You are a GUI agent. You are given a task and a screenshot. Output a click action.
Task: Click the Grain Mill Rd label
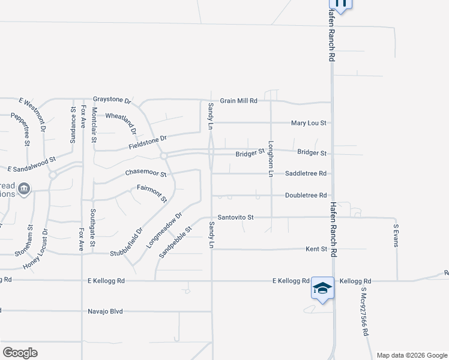[238, 101]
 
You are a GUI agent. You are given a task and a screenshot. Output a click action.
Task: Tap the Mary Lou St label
[308, 123]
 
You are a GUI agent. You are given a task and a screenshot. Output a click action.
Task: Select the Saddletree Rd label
[306, 173]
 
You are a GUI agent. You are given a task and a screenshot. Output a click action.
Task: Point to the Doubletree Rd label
[306, 196]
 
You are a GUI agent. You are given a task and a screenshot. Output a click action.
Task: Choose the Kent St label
[315, 248]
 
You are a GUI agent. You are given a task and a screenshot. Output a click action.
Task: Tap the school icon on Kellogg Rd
[322, 289]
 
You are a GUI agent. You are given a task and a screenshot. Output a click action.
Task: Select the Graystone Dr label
[112, 99]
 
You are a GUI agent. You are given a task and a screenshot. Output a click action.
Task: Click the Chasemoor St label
[145, 173]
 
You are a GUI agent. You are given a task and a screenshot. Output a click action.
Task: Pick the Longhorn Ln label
[271, 158]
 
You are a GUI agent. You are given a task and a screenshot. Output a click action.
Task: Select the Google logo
[19, 353]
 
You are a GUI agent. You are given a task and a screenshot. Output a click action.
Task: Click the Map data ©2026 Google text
[411, 355]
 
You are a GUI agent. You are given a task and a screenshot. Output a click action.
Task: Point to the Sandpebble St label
[175, 242]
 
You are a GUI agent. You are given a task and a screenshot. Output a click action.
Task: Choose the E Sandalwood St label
[31, 170]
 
